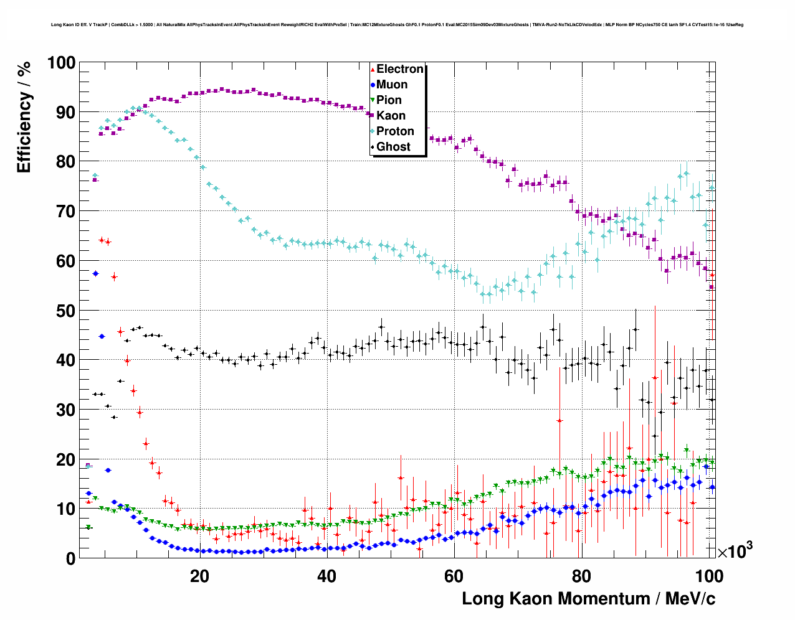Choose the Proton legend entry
[x=395, y=131]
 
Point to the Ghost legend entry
[x=393, y=147]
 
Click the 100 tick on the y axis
[x=62, y=63]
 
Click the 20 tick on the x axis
[x=199, y=576]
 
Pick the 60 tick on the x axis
[x=454, y=576]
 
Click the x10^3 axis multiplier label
[x=735, y=551]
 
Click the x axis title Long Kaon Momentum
[x=588, y=599]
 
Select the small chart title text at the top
[x=397, y=25]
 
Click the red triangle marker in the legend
[x=373, y=69]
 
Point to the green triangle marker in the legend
[x=373, y=100]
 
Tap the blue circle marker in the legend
[x=373, y=85]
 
